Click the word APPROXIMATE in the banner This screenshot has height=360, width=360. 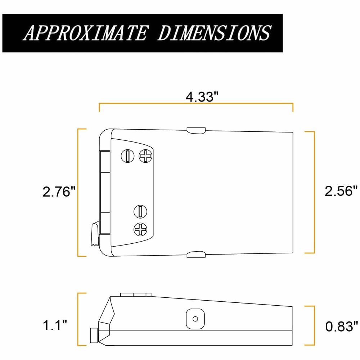pos(85,33)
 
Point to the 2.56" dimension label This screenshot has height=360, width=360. pos(340,191)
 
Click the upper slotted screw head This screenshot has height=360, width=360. pos(126,156)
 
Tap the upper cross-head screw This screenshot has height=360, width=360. pos(146,156)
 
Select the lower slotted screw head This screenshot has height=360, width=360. pos(140,211)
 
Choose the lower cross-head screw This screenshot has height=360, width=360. pos(140,229)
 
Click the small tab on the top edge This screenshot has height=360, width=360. pos(196,130)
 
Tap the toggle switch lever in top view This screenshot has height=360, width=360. pos(94,234)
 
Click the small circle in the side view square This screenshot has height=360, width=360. pos(195,319)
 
